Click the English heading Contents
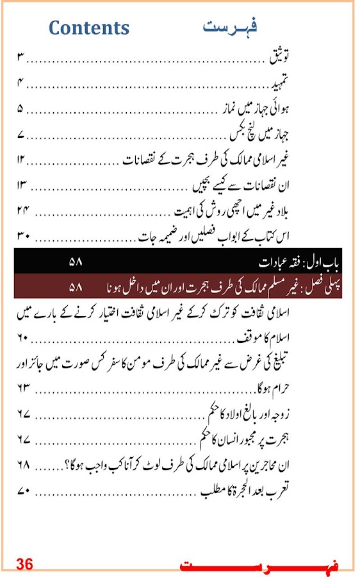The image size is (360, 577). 89,28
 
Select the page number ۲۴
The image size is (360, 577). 24,211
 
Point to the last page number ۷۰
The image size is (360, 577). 24,490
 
